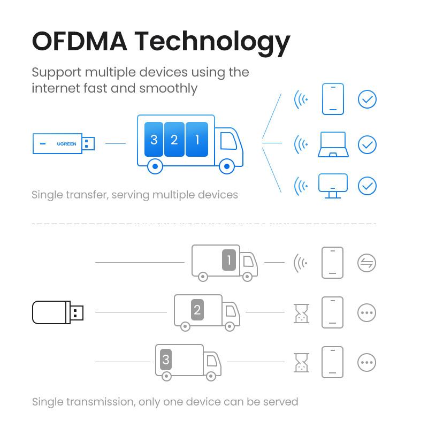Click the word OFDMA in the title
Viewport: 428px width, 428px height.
click(79, 41)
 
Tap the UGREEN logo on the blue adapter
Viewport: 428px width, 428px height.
click(66, 143)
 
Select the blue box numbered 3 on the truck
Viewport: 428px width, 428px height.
click(154, 140)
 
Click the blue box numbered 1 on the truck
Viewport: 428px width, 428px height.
click(197, 140)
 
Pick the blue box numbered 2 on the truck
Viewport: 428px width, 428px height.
click(174, 140)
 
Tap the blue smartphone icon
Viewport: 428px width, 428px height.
click(333, 99)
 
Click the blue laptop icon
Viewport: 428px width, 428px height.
click(333, 144)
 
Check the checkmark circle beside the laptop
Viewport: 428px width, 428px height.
click(367, 144)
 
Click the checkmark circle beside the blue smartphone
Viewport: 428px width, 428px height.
click(367, 99)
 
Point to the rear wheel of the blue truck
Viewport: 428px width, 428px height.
click(155, 166)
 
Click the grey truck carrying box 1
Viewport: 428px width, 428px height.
click(224, 262)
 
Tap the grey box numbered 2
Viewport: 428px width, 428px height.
click(197, 309)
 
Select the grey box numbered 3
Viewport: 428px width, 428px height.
click(166, 360)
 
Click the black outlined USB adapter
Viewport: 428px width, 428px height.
click(57, 312)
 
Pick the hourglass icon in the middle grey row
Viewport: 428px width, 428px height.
click(301, 313)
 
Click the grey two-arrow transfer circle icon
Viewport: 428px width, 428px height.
click(367, 263)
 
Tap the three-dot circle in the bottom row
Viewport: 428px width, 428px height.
click(367, 362)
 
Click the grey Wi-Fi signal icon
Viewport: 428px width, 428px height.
click(301, 263)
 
